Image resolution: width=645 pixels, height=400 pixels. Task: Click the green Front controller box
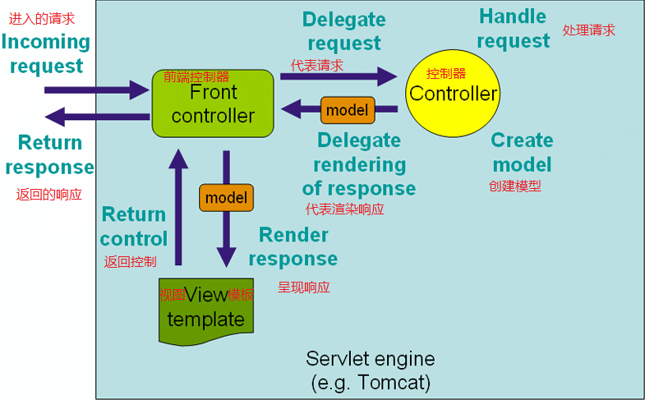coord(213,103)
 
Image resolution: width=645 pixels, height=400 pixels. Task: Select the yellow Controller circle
coord(453,93)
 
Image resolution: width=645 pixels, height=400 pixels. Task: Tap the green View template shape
coord(206,310)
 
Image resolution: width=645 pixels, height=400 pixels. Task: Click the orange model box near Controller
coord(347,109)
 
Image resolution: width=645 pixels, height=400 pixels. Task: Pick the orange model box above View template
coord(226,198)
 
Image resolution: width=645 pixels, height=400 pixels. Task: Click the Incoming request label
coord(46,53)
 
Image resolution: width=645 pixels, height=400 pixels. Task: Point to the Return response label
coord(49,154)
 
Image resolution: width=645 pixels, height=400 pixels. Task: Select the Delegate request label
coord(343,31)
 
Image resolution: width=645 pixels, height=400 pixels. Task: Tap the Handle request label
coord(513,28)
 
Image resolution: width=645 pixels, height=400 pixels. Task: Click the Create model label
coord(522,152)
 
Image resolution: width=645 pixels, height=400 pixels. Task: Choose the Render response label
coord(293,246)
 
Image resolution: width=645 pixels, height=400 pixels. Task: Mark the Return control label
coord(133,227)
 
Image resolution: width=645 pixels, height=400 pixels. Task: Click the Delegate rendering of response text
coord(359,164)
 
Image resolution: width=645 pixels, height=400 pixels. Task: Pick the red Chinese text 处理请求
coord(588,30)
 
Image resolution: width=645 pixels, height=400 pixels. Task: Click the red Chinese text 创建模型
coord(515,186)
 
